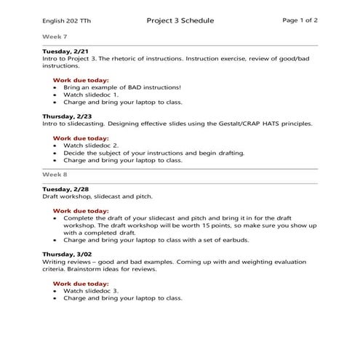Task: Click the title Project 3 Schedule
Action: pos(180,21)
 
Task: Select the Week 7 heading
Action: pos(54,35)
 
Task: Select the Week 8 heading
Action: pos(54,175)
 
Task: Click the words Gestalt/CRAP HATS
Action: pos(249,124)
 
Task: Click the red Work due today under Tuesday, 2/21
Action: pos(81,79)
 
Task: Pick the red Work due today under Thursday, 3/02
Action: pos(81,282)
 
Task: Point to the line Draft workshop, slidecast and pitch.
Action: pos(98,196)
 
